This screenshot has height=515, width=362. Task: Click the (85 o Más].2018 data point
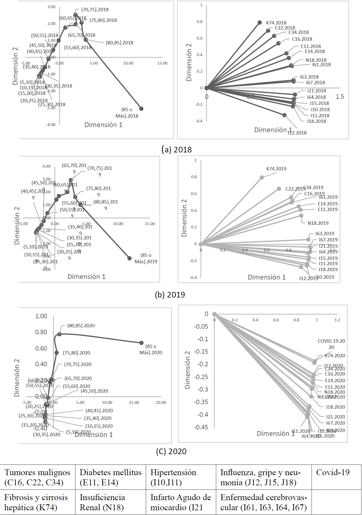click(141, 109)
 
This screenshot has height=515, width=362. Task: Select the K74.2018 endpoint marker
click(260, 22)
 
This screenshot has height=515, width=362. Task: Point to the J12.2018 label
click(297, 133)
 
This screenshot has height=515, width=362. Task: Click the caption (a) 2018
click(177, 150)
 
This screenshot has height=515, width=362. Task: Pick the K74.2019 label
click(276, 169)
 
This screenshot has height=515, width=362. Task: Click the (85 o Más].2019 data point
click(129, 258)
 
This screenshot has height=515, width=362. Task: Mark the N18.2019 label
click(318, 223)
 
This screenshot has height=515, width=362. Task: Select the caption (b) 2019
click(170, 295)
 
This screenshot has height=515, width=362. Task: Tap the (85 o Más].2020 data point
click(141, 343)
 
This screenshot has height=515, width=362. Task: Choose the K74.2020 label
click(335, 356)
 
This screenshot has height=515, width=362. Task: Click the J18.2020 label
click(335, 407)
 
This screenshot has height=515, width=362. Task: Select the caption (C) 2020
click(171, 451)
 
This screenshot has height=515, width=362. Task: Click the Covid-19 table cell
click(333, 473)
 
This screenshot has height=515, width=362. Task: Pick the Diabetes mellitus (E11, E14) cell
click(110, 477)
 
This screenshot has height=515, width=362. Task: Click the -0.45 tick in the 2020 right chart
click(201, 427)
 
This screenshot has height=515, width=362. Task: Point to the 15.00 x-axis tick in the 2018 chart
click(162, 63)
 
